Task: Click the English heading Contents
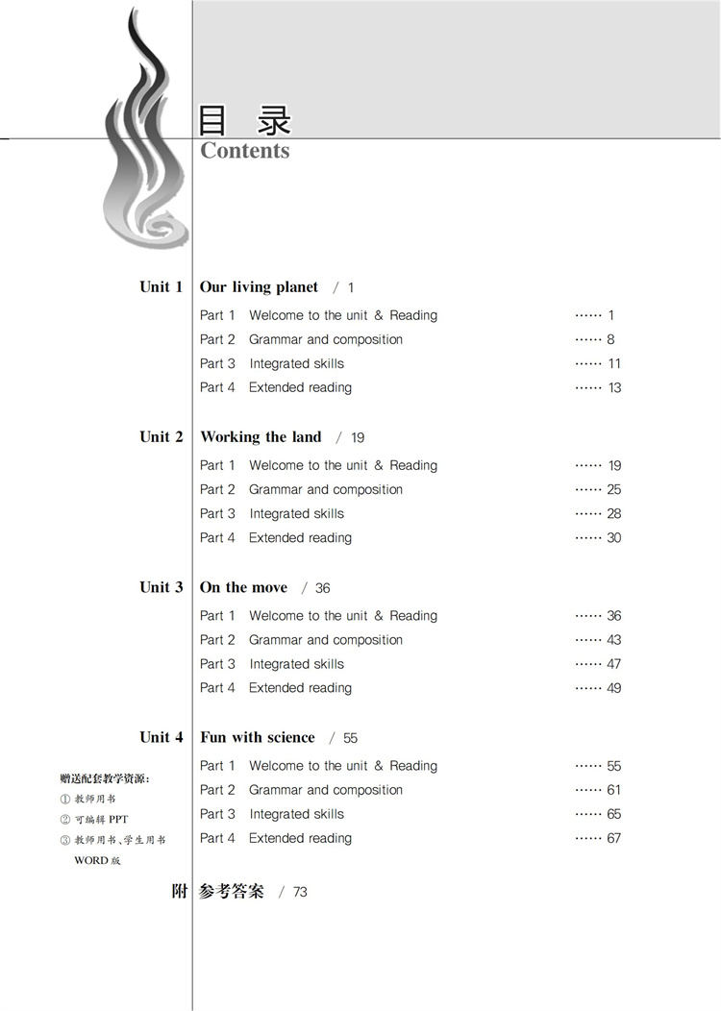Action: [x=244, y=151]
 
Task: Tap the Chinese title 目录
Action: [x=244, y=120]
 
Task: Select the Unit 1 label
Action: [x=161, y=286]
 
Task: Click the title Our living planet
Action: [x=259, y=286]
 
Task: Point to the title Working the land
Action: [x=261, y=436]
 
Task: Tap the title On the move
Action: [x=243, y=587]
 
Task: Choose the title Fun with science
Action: [x=257, y=737]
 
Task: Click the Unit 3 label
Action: [x=161, y=587]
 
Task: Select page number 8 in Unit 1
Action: [x=610, y=339]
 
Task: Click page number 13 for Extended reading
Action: [x=614, y=387]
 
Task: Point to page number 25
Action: [x=613, y=489]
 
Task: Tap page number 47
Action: [x=613, y=663]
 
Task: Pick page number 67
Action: [x=613, y=838]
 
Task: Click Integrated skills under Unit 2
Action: [x=296, y=513]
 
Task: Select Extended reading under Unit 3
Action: [x=300, y=687]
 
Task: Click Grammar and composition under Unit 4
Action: [x=326, y=790]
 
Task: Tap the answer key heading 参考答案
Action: [x=231, y=891]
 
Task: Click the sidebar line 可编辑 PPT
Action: [x=101, y=820]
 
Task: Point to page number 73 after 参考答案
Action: [x=300, y=892]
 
